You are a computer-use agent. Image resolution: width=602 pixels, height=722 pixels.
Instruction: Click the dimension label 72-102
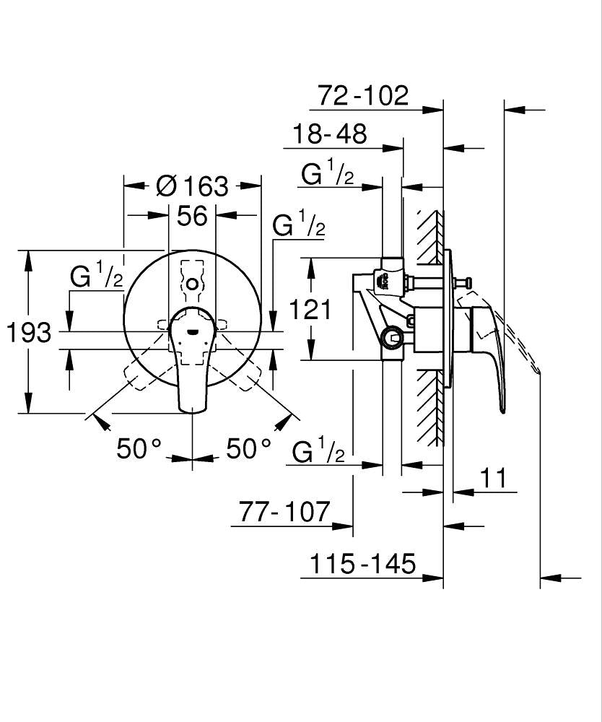pyautogui.click(x=363, y=95)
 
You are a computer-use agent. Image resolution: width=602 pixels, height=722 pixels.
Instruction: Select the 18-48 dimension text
pyautogui.click(x=329, y=134)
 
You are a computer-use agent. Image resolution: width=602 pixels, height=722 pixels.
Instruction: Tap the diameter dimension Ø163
pyautogui.click(x=191, y=186)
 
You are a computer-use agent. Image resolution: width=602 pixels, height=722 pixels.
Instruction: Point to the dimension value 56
pyautogui.click(x=192, y=215)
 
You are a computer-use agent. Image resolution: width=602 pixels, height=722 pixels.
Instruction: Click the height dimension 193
pyautogui.click(x=29, y=333)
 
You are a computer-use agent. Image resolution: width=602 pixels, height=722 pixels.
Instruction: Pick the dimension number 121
pyautogui.click(x=310, y=310)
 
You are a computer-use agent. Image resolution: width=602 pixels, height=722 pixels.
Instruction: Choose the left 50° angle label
pyautogui.click(x=139, y=449)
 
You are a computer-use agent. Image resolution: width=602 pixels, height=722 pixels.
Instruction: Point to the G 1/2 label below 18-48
pyautogui.click(x=327, y=174)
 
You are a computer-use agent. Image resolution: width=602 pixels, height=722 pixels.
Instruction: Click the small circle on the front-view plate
pyautogui.click(x=192, y=285)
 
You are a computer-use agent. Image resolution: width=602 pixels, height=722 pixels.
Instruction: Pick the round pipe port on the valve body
pyautogui.click(x=392, y=336)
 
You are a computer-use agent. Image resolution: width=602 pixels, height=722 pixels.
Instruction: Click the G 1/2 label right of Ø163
pyautogui.click(x=298, y=227)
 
